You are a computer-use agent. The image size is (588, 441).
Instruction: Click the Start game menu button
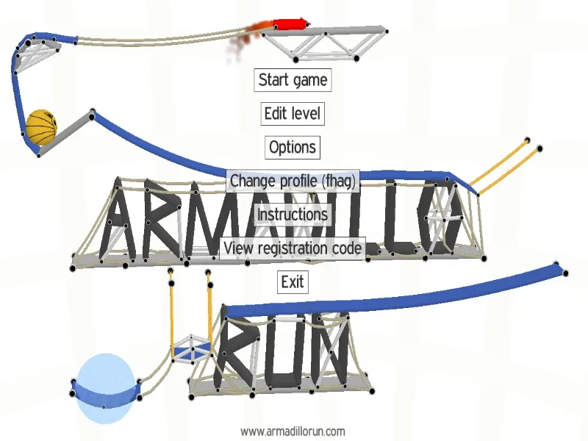point(293,79)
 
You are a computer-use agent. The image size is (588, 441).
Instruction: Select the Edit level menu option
point(293,113)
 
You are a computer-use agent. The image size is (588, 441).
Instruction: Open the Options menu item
point(293,147)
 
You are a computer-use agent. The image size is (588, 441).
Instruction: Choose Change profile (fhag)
point(293,180)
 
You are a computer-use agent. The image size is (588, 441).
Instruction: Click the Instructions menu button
point(293,214)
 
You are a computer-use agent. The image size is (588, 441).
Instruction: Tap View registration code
point(293,248)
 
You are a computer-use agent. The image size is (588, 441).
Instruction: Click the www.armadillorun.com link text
point(293,431)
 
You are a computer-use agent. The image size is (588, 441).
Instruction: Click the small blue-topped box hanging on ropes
point(190,349)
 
